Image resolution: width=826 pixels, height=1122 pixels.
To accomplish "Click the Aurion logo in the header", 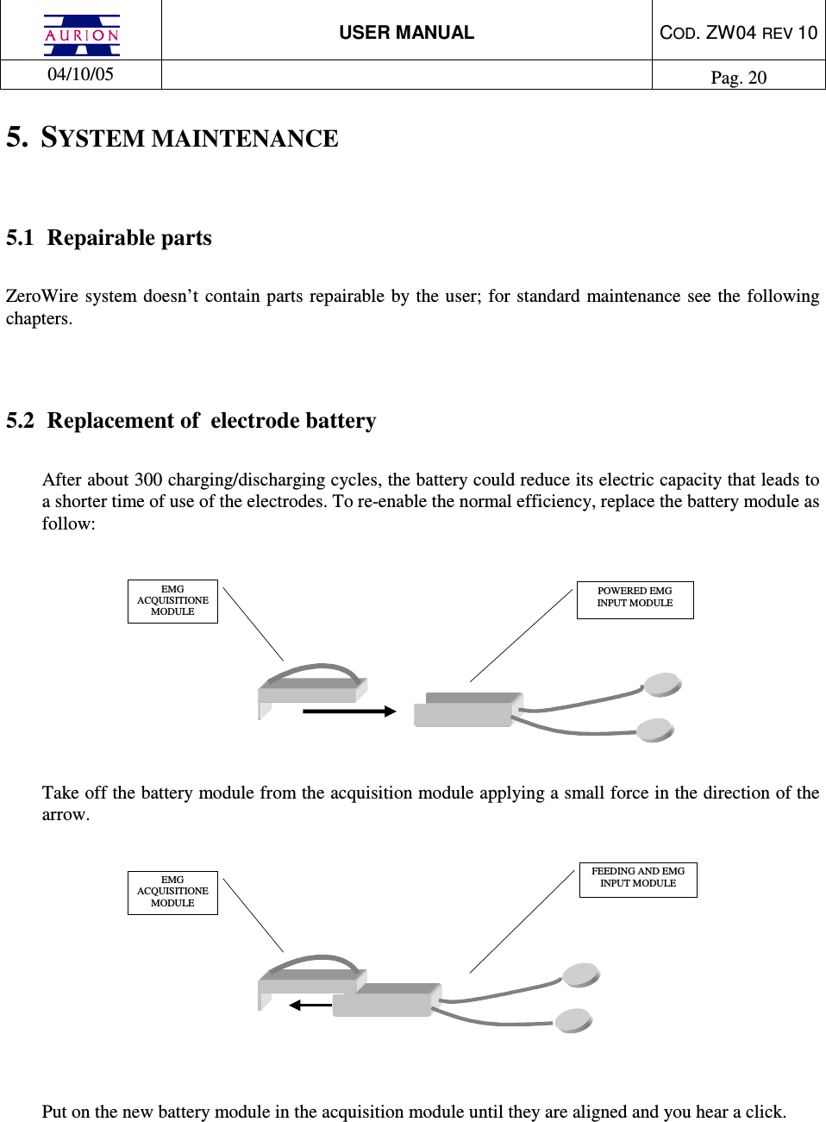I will pos(82,34).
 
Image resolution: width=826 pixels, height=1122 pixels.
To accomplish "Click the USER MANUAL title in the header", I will pos(406,33).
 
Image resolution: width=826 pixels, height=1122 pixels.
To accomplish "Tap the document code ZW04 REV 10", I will pos(738,33).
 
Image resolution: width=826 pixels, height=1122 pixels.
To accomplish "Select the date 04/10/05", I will pos(80,74).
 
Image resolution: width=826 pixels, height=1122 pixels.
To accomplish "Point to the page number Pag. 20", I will pos(738,78).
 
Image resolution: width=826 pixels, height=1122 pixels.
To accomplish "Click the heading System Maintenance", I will pos(189,138).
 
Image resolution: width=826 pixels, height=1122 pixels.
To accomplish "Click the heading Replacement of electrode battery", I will pos(211,421).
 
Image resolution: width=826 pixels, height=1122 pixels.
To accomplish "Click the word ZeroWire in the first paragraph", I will pos(41,297).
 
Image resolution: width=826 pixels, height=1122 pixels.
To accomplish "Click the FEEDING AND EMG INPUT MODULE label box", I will pos(638,878).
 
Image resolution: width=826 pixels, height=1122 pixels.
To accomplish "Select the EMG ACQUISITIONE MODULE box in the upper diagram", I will pos(172,601).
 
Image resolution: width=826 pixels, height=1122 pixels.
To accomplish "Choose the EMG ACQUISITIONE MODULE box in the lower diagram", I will pos(172,893).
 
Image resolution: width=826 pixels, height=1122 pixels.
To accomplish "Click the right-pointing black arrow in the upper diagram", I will pos(349,711).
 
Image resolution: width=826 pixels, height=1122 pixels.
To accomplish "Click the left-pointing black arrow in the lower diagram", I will pos(310,1005).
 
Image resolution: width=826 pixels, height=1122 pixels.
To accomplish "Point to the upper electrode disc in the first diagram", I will pos(663,685).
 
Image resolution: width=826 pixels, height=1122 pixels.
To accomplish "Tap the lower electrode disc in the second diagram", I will pos(573,1021).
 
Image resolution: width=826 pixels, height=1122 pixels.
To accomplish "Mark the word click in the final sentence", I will pos(765,1112).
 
